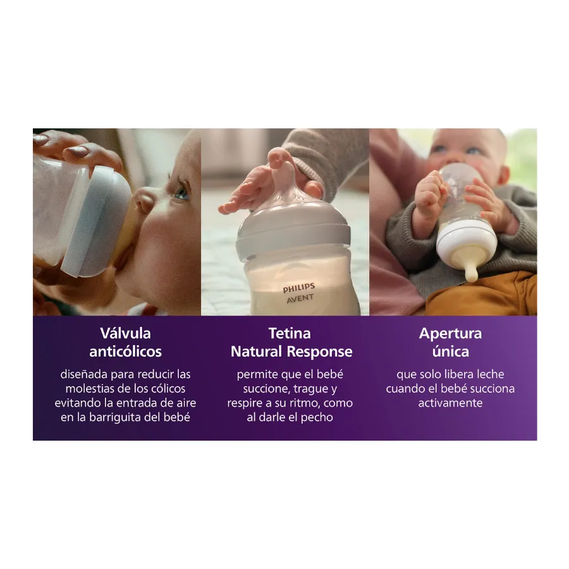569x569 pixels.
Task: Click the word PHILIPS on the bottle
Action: tap(299, 288)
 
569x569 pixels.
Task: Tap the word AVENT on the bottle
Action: tap(300, 298)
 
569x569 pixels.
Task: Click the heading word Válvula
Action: tap(126, 333)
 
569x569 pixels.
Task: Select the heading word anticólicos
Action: tap(126, 352)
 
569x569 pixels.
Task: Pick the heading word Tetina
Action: tap(290, 333)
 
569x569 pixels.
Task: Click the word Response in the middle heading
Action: tap(319, 352)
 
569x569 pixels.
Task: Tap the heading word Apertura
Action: tap(450, 334)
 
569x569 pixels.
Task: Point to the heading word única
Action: tap(451, 351)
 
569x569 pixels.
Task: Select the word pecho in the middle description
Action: tap(317, 418)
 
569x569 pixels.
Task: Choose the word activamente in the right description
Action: tap(450, 403)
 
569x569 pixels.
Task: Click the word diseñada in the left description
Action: tap(84, 374)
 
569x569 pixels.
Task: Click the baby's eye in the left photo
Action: tap(182, 193)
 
